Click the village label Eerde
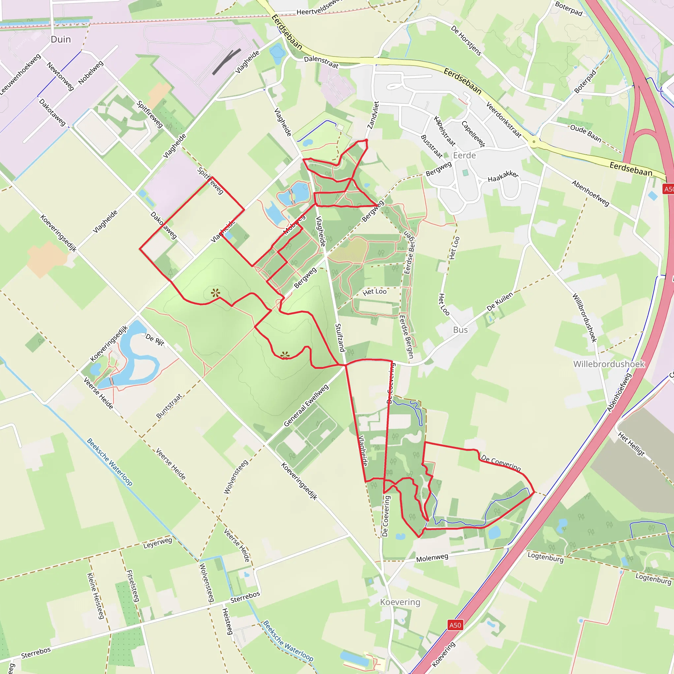(464, 155)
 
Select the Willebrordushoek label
(609, 364)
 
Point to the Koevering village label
(400, 602)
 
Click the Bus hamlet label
(460, 330)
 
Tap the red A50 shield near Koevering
(455, 625)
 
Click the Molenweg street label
(432, 557)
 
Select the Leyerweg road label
(158, 543)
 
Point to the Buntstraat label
(169, 406)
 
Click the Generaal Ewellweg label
(306, 405)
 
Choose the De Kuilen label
(500, 302)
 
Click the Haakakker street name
(503, 176)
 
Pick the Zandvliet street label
(373, 115)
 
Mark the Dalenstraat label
(321, 62)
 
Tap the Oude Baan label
(586, 134)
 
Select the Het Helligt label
(631, 444)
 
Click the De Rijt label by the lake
(155, 339)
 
